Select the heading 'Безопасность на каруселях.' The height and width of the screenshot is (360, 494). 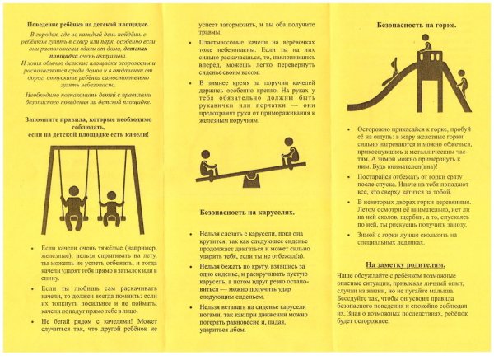pyautogui.click(x=247, y=212)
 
